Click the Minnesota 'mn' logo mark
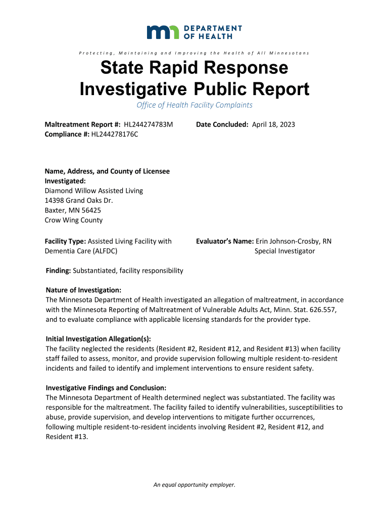coord(164,32)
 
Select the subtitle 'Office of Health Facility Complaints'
coord(194,105)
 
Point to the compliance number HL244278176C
coord(115,134)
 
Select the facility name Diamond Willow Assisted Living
coord(94,191)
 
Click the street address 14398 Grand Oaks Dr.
coord(79,200)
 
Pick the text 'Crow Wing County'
coord(74,220)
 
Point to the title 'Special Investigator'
coord(284,251)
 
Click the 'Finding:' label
coord(59,271)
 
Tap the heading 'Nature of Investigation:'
coord(83,290)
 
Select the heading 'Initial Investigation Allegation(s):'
coord(98,338)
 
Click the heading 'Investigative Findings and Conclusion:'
coord(103,388)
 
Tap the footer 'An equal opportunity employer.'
coord(194,485)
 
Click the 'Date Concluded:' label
coord(223,124)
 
